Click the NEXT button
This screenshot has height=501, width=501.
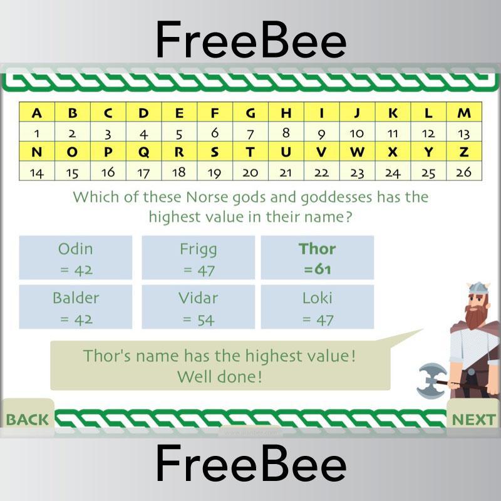pos(473,419)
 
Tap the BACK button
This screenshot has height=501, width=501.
pos(27,418)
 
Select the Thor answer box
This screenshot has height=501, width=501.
pos(318,258)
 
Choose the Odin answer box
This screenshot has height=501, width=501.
pos(75,258)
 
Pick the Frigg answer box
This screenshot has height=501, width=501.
pos(198,258)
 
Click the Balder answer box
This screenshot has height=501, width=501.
pos(75,307)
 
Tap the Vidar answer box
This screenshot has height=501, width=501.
pos(198,307)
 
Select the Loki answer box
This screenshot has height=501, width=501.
pos(318,307)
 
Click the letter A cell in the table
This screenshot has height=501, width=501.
pos(37,113)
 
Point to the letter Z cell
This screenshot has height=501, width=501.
pos(464,152)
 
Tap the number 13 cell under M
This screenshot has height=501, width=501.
pos(464,133)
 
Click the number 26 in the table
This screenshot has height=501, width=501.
pos(464,172)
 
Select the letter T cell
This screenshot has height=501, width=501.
pos(250,152)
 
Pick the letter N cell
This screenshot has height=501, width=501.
pos(37,152)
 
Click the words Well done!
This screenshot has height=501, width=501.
pos(219,377)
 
